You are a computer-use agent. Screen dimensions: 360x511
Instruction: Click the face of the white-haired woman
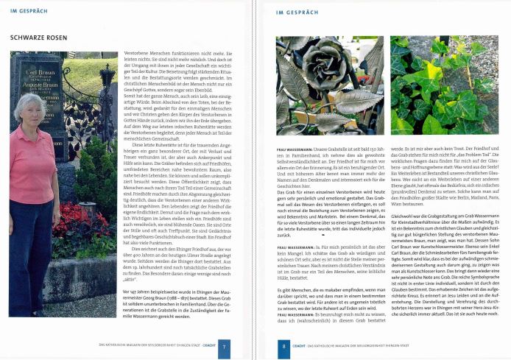34,108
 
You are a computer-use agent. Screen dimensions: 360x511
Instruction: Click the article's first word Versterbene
139,54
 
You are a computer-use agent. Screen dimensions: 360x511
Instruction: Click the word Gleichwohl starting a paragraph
405,204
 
